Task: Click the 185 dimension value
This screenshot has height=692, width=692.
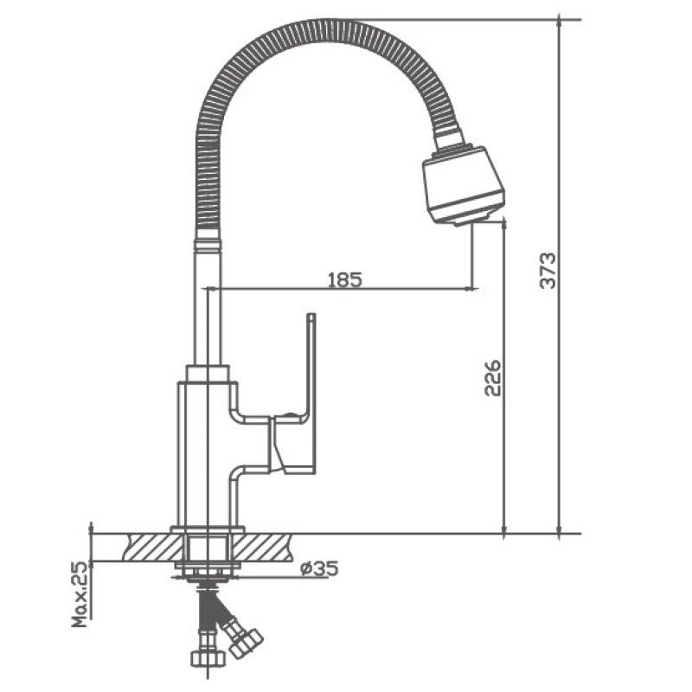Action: click(344, 279)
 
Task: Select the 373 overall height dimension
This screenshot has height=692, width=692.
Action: click(548, 271)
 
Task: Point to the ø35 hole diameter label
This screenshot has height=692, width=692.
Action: click(318, 568)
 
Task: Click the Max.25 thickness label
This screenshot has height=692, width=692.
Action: click(80, 595)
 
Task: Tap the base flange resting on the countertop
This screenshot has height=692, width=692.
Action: click(208, 529)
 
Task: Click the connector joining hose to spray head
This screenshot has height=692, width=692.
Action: click(448, 139)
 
